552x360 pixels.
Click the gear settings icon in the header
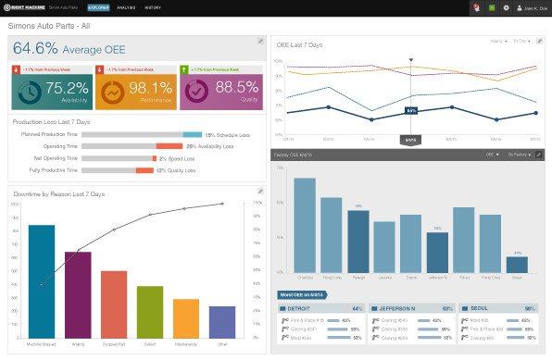coord(506,7)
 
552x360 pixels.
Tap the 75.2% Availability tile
coord(50,90)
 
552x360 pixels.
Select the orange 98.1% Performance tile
coord(138,90)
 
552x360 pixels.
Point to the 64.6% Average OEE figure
coord(69,48)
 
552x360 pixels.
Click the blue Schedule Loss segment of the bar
coord(192,134)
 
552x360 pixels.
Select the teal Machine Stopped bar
coord(41,281)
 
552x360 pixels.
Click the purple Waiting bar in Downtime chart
coord(78,294)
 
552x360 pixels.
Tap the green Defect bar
coord(149,312)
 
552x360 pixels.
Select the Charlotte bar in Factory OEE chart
coord(305,225)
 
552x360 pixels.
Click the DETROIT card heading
coord(300,308)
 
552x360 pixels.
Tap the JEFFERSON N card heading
coord(395,308)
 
